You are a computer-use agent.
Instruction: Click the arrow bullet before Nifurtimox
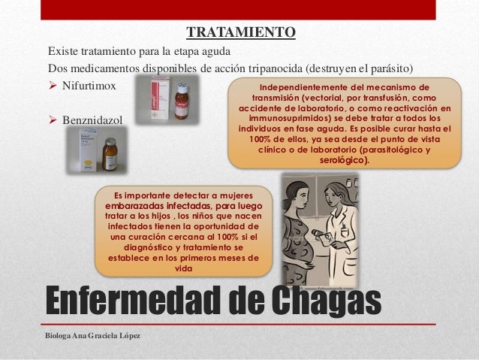pos(53,86)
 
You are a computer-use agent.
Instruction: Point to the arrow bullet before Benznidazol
pos(53,119)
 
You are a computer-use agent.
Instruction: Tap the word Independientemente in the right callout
pos(303,87)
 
